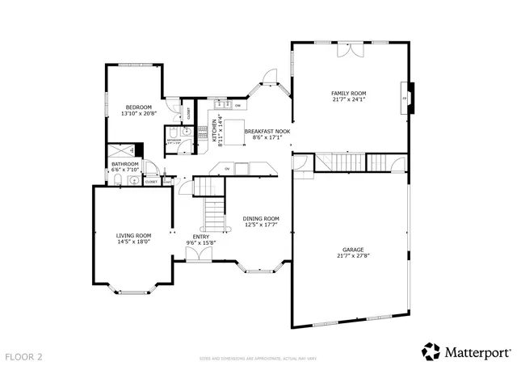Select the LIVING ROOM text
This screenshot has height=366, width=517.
(x=134, y=235)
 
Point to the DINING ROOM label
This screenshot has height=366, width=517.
(x=261, y=218)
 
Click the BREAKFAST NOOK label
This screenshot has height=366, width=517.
(x=267, y=131)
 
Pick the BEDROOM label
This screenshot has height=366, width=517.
(x=135, y=107)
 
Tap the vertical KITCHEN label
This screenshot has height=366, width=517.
(x=214, y=131)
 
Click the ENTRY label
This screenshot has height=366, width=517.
(x=200, y=237)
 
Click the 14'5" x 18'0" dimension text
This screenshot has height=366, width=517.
(x=134, y=242)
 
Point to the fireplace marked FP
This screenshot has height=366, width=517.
(x=406, y=97)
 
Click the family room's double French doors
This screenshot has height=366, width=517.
(x=349, y=50)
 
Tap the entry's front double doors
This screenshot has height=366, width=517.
(x=198, y=255)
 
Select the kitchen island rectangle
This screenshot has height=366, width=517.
(x=233, y=133)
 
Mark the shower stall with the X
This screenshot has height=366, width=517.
(x=122, y=151)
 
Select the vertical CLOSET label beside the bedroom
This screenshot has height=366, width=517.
(x=189, y=115)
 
